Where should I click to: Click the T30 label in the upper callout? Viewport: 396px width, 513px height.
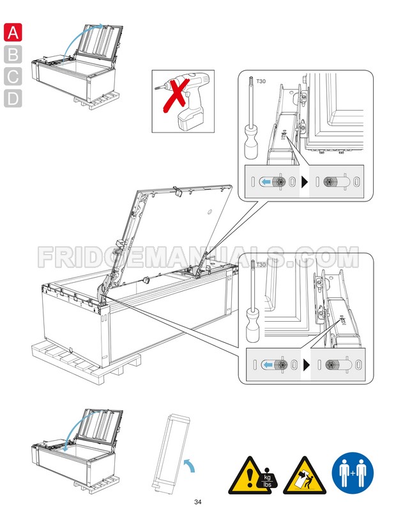coord(261,83)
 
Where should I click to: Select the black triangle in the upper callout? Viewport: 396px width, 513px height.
coord(305,182)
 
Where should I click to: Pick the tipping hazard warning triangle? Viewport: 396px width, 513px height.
coord(301,473)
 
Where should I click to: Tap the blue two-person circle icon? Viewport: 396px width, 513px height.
coord(351,474)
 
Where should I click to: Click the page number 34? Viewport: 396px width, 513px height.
coord(198,501)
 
